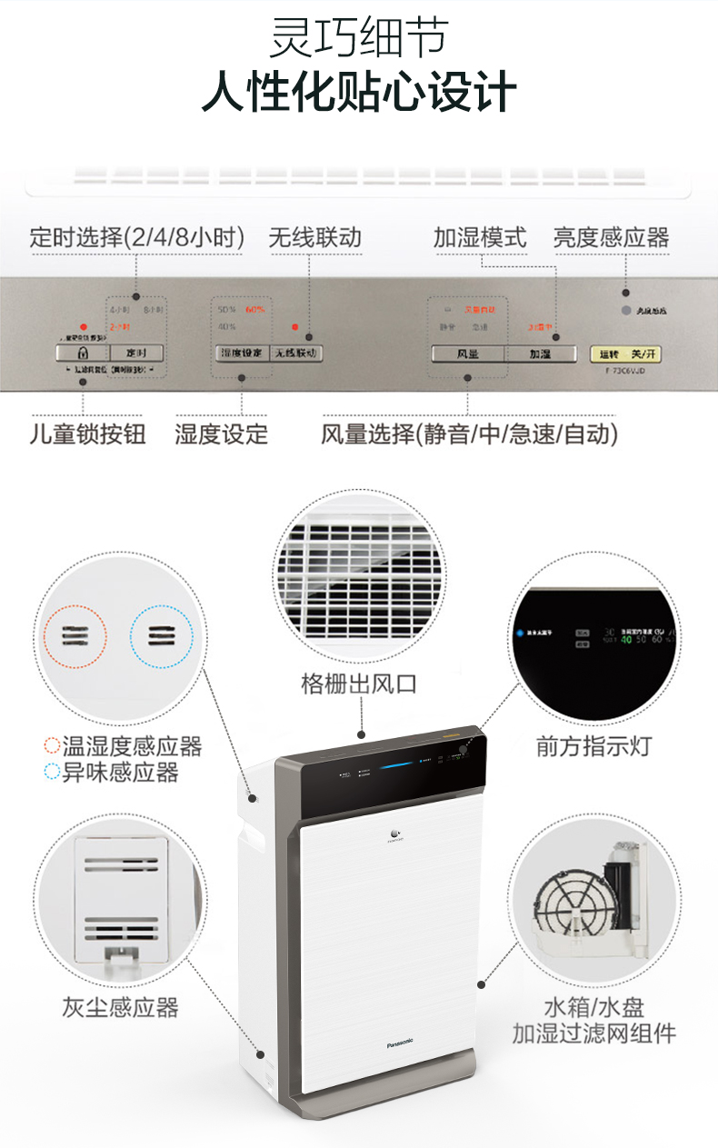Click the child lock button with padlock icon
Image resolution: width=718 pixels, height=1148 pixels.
(82, 353)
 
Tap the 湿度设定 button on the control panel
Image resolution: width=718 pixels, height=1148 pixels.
(242, 353)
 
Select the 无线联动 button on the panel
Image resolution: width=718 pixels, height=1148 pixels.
(295, 353)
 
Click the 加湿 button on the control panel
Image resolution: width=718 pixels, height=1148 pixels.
(540, 354)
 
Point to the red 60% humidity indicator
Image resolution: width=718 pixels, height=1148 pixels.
(255, 310)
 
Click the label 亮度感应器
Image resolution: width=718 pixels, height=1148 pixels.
(611, 238)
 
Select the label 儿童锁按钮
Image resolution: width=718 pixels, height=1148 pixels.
(87, 434)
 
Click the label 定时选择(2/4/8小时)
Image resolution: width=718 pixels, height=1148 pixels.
(137, 238)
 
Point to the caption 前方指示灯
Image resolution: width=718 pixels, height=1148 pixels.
(594, 746)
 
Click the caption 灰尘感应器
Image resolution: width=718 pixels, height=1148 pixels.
(121, 1006)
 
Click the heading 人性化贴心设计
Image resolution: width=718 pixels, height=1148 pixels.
(359, 94)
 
